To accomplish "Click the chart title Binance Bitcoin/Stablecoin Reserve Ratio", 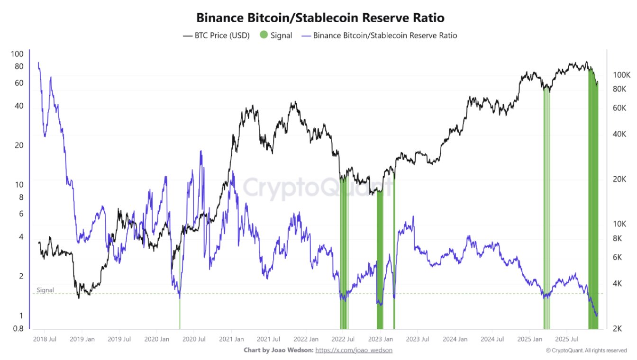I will pyautogui.click(x=320, y=18).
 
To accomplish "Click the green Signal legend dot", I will pyautogui.click(x=264, y=35).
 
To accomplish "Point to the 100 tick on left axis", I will pyautogui.click(x=17, y=54).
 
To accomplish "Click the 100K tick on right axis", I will pyautogui.click(x=621, y=75).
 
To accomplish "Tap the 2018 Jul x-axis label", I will pyautogui.click(x=45, y=339).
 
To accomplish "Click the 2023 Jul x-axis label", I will pyautogui.click(x=417, y=339).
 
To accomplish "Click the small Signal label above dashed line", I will pyautogui.click(x=45, y=290).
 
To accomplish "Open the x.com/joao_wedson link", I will pyautogui.click(x=354, y=350).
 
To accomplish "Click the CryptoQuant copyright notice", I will pyautogui.click(x=586, y=351).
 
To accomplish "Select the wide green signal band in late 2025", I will pyautogui.click(x=593, y=199).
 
